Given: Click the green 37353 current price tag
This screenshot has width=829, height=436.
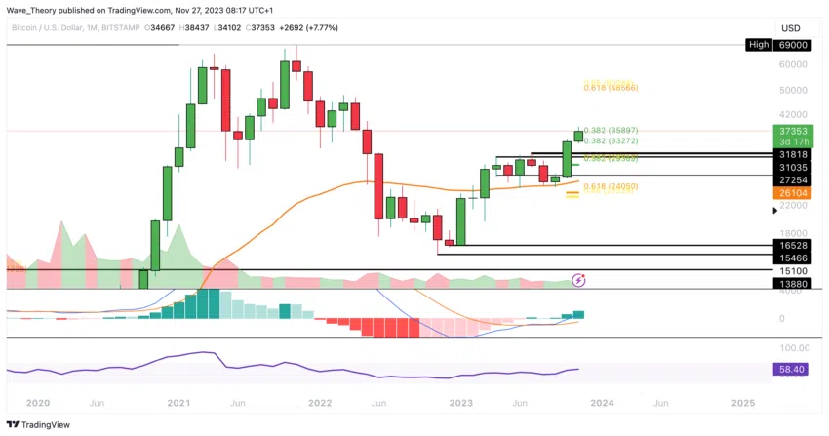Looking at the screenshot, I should click(x=791, y=130).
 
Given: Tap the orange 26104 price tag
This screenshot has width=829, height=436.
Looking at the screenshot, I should click(x=791, y=193).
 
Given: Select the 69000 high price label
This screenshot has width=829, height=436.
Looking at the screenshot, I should click(x=792, y=45).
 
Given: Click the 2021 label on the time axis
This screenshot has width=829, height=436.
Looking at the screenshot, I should click(x=178, y=402).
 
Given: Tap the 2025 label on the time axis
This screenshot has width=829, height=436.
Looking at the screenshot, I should click(x=742, y=402).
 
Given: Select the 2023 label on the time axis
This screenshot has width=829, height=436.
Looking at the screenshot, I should click(x=460, y=402).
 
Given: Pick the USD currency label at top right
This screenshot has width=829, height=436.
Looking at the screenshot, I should click(x=791, y=27).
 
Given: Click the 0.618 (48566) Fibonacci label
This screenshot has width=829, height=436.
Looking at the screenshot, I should click(x=612, y=88).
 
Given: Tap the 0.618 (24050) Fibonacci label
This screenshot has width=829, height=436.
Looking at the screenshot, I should click(x=611, y=186).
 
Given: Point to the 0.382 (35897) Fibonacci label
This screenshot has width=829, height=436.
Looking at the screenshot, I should click(x=612, y=130).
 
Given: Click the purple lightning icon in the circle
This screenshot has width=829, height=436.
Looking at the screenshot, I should click(x=578, y=280).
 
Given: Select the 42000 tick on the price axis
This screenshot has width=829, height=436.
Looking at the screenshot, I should click(x=791, y=114).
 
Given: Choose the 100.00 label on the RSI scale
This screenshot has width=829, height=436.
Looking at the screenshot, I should click(x=791, y=348).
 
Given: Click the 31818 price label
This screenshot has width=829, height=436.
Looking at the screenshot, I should click(x=791, y=154).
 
